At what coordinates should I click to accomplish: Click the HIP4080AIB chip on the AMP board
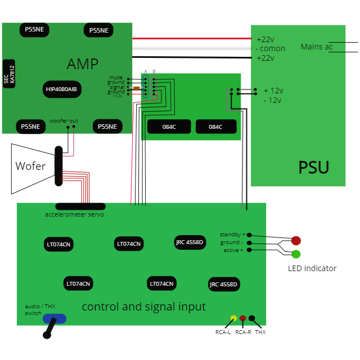[x=62, y=89]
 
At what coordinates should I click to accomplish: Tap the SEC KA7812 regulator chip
[x=9, y=74]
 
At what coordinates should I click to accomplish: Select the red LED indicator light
[x=296, y=241]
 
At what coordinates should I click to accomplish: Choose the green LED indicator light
[x=296, y=254]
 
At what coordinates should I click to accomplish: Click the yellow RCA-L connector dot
[x=233, y=318]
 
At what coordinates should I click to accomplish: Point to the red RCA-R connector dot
[x=243, y=318]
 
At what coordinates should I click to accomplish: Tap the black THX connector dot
[x=252, y=318]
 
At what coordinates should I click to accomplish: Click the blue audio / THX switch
[x=55, y=318]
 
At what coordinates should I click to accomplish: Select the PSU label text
[x=313, y=168]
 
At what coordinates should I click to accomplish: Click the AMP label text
[x=83, y=64]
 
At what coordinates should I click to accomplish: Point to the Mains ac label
[x=317, y=47]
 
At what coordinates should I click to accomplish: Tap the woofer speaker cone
[x=31, y=166]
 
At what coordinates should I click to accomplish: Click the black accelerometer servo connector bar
[x=80, y=206]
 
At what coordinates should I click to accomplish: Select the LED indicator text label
[x=312, y=268]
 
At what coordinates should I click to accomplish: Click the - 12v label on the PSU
[x=273, y=100]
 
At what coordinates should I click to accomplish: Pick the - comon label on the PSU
[x=271, y=48]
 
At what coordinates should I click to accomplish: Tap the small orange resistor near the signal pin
[x=136, y=88]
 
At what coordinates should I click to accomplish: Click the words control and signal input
[x=143, y=307]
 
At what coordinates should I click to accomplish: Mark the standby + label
[x=232, y=234]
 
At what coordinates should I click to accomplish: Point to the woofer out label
[x=64, y=121]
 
